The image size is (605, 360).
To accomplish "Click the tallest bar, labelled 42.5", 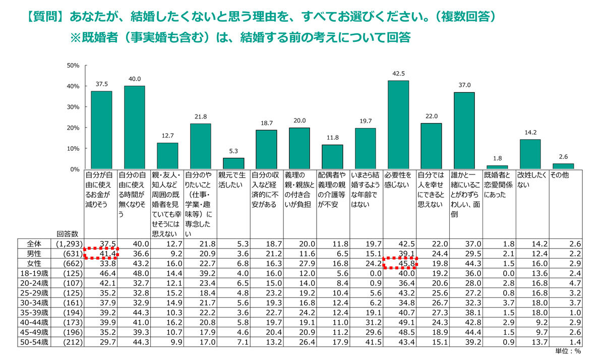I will point(398,125).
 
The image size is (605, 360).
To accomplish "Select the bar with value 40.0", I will point(135,127).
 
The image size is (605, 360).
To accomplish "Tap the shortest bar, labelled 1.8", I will point(497,167).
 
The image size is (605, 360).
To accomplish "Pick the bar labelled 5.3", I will point(233,163).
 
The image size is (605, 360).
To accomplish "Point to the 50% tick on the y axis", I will point(74,66).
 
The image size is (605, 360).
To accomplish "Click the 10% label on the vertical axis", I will point(74,149).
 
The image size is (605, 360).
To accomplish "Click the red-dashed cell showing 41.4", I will point(101,252).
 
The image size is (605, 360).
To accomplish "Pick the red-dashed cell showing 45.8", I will point(399,262).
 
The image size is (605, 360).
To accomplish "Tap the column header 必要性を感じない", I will point(398,181).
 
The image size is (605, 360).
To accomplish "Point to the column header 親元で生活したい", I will point(232,181).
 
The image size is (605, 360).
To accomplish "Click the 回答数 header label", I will point(68,233).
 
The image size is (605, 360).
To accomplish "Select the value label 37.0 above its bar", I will point(464,85).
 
